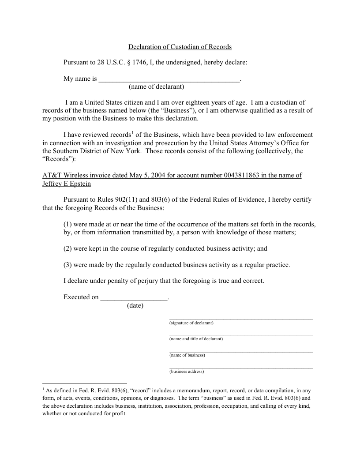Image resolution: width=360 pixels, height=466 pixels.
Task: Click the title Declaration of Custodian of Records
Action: tap(180, 47)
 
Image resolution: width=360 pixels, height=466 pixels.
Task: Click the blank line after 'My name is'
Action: tap(169, 80)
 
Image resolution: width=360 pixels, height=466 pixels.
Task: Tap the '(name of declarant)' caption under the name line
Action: tap(156, 86)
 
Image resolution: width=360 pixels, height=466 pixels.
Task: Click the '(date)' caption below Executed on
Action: tap(135, 305)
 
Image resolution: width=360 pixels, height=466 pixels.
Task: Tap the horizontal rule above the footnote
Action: tap(85, 383)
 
